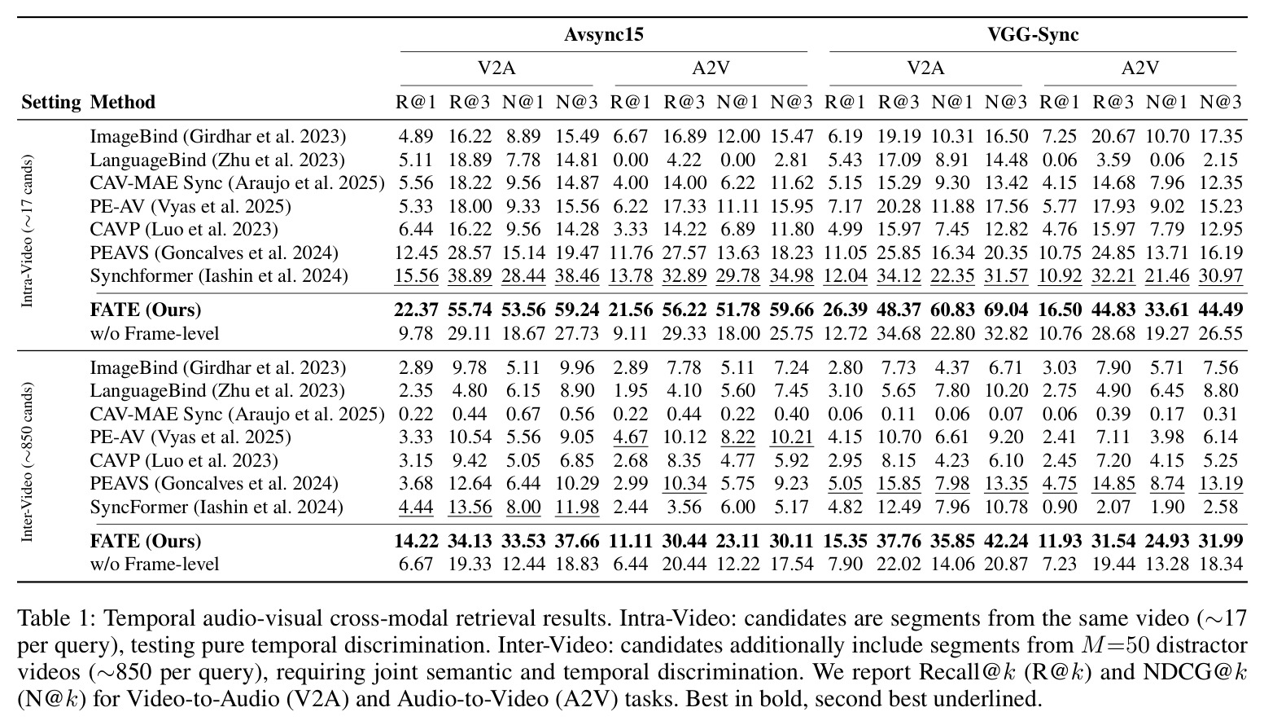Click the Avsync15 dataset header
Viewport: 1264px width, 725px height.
[604, 34]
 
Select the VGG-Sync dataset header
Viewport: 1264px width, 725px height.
[1033, 34]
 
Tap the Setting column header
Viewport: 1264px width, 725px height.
[50, 102]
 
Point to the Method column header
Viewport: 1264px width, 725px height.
[122, 102]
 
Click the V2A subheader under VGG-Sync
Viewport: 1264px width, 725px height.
[925, 68]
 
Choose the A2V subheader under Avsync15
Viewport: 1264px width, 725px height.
[711, 68]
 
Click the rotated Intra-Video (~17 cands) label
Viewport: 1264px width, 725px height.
[27, 231]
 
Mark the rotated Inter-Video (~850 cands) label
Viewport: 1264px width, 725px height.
[27, 463]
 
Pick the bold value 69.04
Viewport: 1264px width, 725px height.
[1006, 310]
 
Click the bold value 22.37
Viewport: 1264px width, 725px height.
[416, 310]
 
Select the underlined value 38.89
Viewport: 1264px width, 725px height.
[470, 275]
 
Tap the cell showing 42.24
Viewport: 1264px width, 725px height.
[1006, 541]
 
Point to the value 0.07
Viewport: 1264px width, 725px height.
[1006, 414]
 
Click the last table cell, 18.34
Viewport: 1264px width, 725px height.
[1221, 564]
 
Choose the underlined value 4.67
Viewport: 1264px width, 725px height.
[630, 437]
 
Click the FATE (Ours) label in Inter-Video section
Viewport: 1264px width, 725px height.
[146, 541]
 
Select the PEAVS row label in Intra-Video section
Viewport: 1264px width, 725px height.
[214, 253]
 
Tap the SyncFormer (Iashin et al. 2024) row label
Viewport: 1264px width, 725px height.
[216, 507]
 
